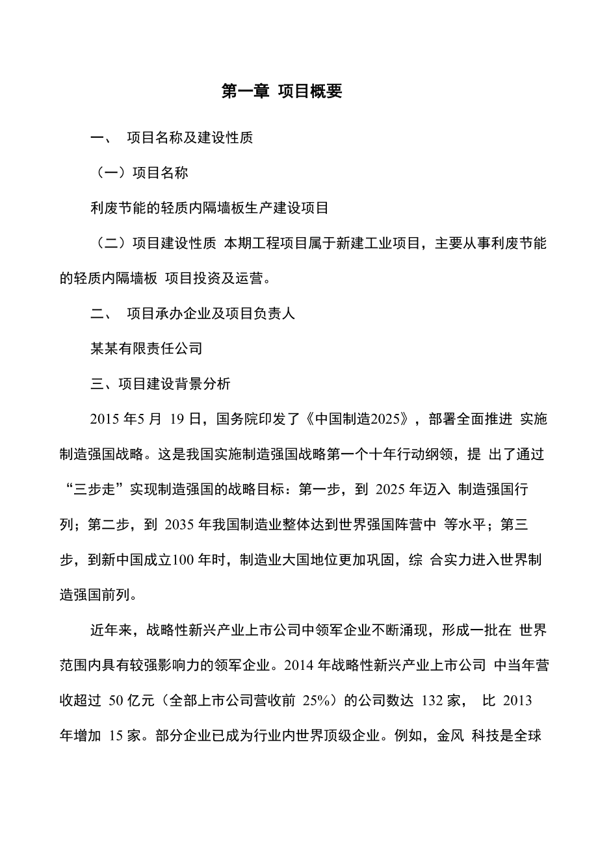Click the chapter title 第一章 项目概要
[x=281, y=92]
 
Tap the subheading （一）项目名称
[x=138, y=173]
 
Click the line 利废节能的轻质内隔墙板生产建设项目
[x=210, y=208]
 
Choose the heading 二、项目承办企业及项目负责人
[x=192, y=313]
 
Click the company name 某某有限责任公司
[x=146, y=348]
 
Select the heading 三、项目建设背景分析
[x=160, y=383]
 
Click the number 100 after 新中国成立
[x=184, y=559]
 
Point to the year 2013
[x=517, y=700]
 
